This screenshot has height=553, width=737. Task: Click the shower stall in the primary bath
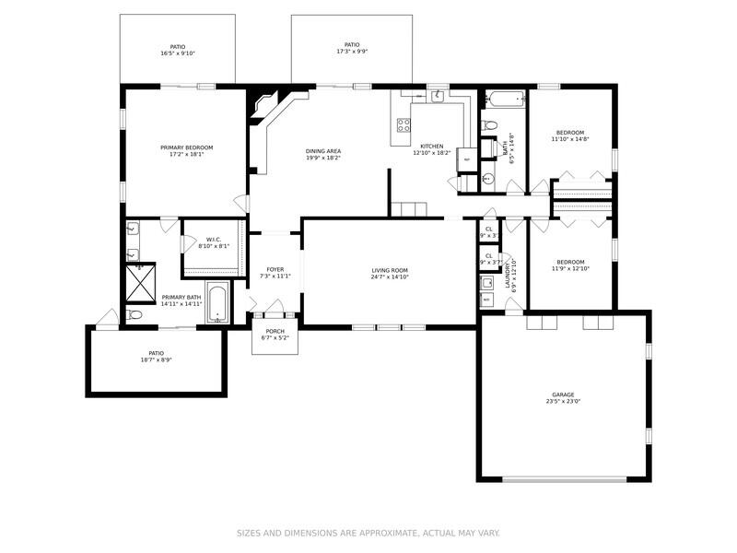pos(140,284)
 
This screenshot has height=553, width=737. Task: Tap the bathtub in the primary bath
pos(217,303)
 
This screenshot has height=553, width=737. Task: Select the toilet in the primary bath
pos(135,315)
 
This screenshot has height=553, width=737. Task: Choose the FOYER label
pos(275,269)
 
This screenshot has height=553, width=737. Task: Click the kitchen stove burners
pos(403,125)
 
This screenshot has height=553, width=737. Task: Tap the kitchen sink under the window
pos(439,96)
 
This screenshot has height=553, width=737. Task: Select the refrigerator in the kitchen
pos(467,159)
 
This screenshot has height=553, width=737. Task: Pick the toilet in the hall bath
pos(491,124)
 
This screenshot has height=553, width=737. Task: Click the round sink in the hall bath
pos(488,179)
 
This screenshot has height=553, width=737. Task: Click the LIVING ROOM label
pos(390,270)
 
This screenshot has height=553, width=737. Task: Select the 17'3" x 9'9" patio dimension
pos(351,53)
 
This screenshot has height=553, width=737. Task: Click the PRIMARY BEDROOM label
pos(186,147)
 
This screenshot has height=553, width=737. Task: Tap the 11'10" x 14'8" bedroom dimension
pos(569,139)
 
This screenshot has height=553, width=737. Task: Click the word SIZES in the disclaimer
pos(251,533)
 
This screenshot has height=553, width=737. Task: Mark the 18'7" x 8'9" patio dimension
pos(156,359)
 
